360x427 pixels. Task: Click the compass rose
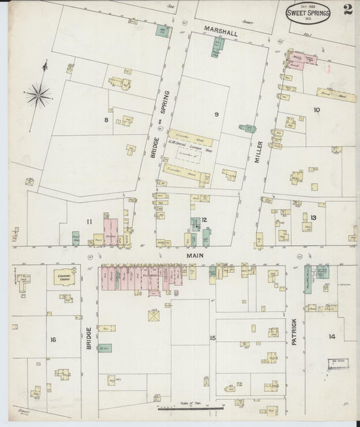(x=39, y=93)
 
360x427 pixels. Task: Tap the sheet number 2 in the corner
(x=346, y=11)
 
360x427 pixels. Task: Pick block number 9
(x=216, y=115)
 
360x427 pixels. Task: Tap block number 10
(x=316, y=109)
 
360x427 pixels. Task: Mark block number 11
(x=89, y=220)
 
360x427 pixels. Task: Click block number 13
(x=313, y=217)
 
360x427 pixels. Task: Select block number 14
(x=332, y=336)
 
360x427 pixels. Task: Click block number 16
(x=52, y=339)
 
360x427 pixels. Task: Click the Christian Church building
(x=63, y=278)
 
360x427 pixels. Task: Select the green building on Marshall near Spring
(x=162, y=30)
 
